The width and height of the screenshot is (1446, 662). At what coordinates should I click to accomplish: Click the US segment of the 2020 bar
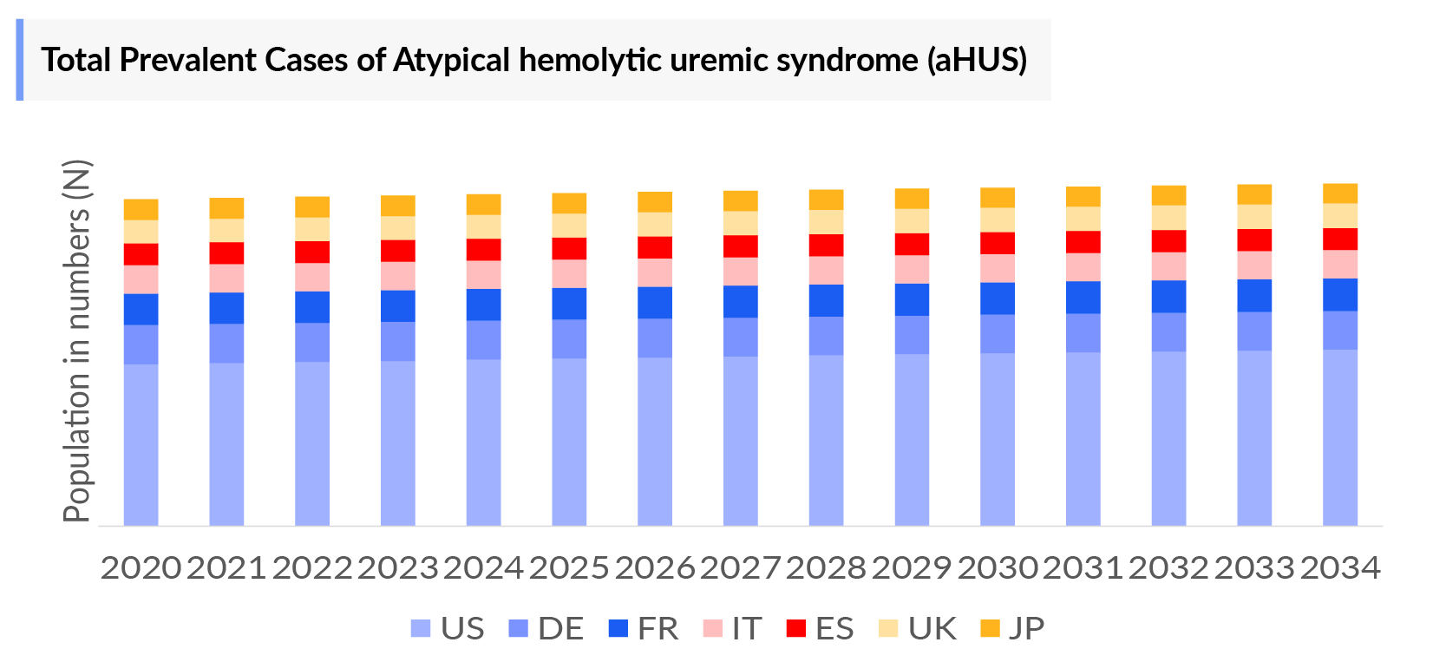click(141, 444)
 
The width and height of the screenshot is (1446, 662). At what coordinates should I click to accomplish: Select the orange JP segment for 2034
click(1339, 193)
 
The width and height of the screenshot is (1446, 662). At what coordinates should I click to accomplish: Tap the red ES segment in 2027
click(740, 246)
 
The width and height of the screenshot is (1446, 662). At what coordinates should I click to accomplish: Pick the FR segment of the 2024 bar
click(483, 305)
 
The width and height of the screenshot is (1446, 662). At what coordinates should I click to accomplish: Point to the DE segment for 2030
click(997, 333)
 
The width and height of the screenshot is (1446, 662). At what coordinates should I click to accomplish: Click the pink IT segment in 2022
click(312, 277)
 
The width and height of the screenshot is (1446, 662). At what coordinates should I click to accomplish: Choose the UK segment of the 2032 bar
click(1168, 218)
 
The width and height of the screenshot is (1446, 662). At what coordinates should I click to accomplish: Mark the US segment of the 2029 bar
click(912, 439)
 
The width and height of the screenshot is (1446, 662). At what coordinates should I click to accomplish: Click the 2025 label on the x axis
click(569, 568)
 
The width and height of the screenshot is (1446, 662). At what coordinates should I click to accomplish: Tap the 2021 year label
click(226, 568)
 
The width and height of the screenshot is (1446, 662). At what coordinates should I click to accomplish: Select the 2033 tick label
click(1254, 568)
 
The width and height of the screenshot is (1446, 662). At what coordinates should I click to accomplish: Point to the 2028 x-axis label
click(826, 568)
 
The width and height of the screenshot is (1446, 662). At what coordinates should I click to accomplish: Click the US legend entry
click(448, 628)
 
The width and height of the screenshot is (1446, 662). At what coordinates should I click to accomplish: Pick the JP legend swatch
click(990, 628)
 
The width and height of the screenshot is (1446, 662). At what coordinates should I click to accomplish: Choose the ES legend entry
click(821, 628)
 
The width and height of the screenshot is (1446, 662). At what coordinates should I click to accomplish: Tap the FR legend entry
click(644, 628)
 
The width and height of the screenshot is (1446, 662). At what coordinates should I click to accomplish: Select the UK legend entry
click(918, 628)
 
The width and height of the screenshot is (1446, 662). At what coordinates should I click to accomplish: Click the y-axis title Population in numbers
click(77, 341)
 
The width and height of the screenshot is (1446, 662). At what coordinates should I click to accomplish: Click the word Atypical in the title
click(452, 60)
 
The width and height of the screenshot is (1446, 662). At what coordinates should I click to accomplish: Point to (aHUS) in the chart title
click(977, 60)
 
